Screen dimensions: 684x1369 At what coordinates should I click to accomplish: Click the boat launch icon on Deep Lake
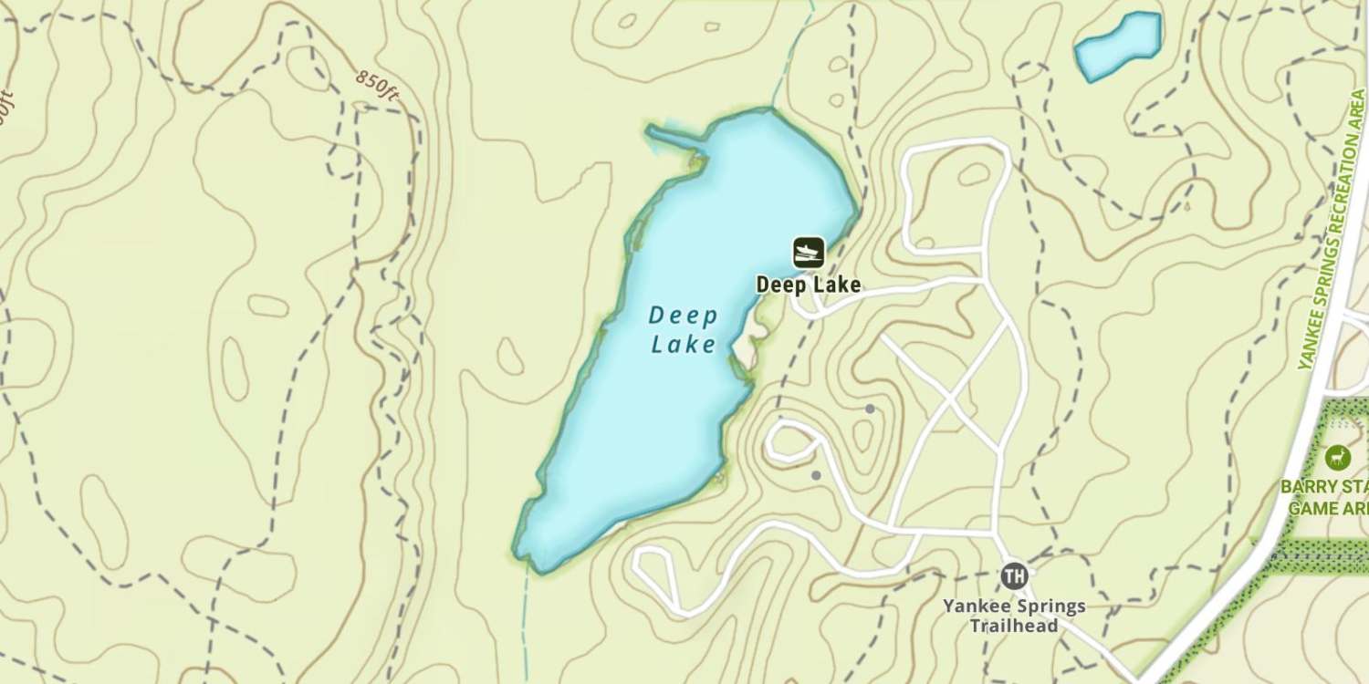tap(808, 252)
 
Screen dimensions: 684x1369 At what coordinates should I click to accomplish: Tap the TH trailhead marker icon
tap(1013, 576)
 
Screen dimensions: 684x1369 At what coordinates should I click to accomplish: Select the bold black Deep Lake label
tap(808, 285)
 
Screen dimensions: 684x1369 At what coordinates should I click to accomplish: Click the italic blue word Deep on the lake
tap(683, 316)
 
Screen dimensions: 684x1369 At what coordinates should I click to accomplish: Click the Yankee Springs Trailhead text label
tap(1013, 616)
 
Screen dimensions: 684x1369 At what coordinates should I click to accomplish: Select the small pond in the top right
tap(1117, 45)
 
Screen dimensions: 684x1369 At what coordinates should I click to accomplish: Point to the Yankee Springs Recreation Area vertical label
tap(1332, 233)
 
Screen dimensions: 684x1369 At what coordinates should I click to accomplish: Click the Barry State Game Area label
tap(1328, 497)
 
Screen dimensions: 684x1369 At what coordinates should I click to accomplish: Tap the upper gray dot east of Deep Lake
tap(870, 409)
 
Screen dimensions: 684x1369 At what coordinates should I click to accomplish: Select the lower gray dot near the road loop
tap(816, 475)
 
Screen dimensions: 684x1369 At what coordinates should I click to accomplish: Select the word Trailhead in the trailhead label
tap(1013, 626)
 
